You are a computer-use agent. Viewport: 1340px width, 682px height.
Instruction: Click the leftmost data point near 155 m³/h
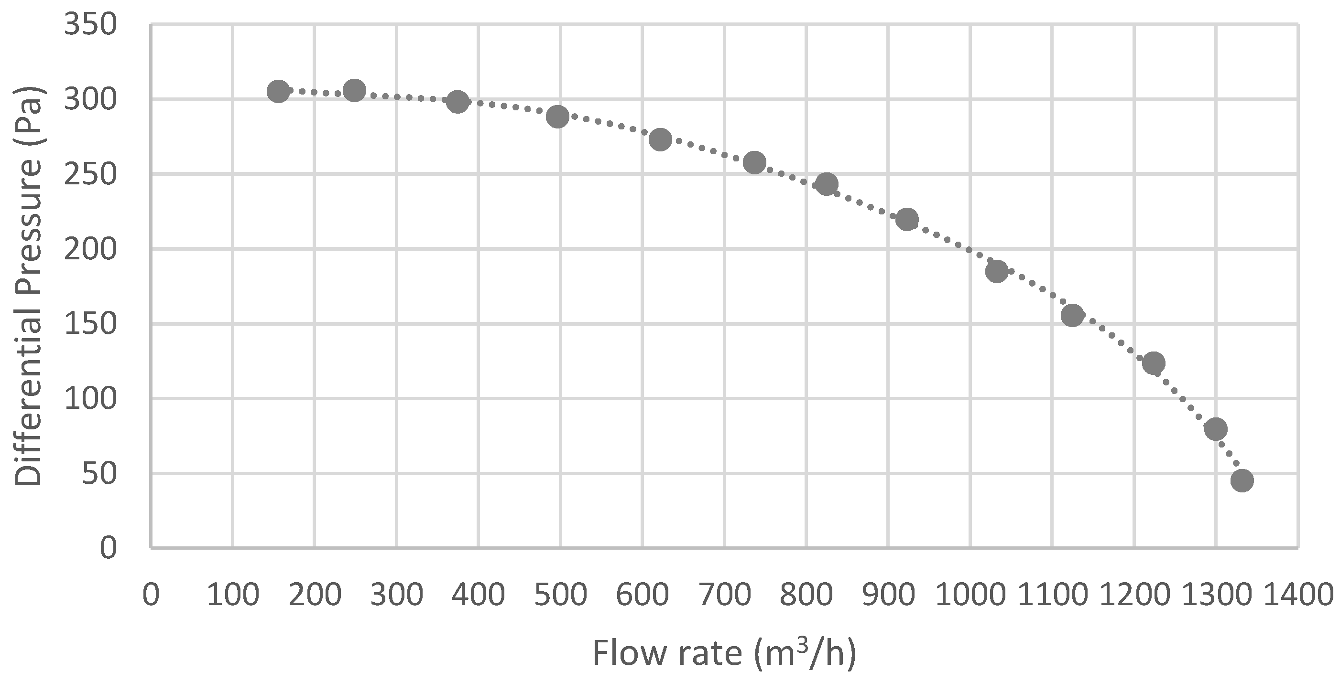point(278,92)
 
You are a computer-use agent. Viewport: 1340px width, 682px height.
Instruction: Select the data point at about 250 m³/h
point(354,91)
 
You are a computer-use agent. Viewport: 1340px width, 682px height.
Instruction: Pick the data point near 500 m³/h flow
point(557,117)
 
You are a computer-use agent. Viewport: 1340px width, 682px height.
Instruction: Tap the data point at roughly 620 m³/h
point(660,139)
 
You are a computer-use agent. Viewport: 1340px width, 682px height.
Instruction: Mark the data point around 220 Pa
point(907,219)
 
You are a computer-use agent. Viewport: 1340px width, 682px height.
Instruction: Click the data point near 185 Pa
point(997,271)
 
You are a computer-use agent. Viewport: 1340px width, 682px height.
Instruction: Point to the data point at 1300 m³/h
point(1216,429)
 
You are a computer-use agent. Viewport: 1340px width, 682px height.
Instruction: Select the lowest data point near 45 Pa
point(1242,480)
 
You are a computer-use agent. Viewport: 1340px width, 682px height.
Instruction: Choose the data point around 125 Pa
point(1153,363)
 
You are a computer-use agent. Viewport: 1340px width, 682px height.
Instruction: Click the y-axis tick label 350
point(89,25)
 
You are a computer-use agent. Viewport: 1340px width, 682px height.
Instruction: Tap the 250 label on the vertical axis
point(89,175)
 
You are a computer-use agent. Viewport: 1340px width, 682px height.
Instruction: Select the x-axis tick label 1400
point(1298,594)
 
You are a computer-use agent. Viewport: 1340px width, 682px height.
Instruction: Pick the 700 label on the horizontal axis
point(724,594)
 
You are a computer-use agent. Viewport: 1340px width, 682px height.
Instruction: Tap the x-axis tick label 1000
point(970,594)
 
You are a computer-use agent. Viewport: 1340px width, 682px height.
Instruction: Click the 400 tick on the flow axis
point(479,594)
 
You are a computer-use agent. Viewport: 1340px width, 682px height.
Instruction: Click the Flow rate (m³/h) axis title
point(724,653)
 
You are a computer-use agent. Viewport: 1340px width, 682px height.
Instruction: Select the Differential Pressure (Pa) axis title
point(28,286)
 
